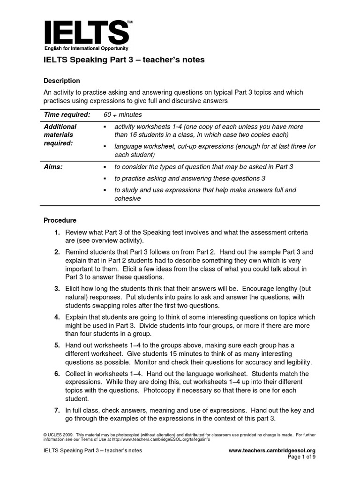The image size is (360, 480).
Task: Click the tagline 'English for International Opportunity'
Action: [x=86, y=48]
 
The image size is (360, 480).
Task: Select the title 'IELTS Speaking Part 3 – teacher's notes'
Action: [x=124, y=60]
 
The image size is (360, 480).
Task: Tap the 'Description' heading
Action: [x=62, y=81]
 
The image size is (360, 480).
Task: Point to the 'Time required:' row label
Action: [x=67, y=115]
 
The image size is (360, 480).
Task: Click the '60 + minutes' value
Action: [x=122, y=115]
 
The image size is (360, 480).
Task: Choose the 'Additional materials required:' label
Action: [x=60, y=135]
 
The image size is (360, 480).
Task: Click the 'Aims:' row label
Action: [x=53, y=167]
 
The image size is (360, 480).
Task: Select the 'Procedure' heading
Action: [x=60, y=220]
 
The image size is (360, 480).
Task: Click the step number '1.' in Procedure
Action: [x=57, y=233]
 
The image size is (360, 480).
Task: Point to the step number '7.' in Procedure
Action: [x=57, y=410]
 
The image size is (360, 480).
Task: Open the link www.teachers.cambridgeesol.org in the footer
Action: [x=275, y=450]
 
